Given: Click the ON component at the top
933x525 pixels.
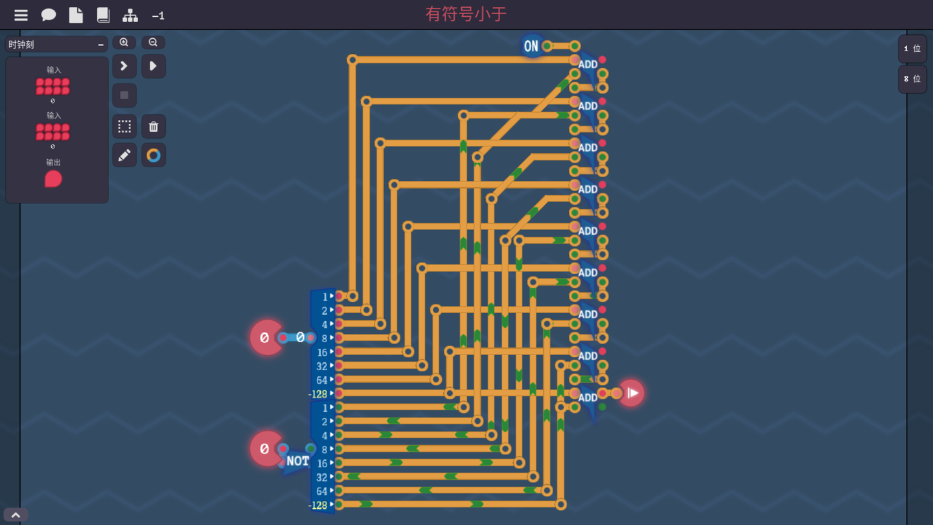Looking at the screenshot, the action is (x=531, y=46).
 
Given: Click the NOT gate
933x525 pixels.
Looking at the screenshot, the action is (x=297, y=461).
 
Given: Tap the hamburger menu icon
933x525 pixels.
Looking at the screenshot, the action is (x=21, y=15).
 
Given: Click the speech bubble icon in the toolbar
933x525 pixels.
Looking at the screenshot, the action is (x=49, y=15).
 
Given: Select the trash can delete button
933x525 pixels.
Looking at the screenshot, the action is (x=154, y=126).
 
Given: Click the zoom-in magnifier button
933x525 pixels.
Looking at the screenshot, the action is (x=124, y=43).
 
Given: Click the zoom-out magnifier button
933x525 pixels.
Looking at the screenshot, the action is (x=154, y=43).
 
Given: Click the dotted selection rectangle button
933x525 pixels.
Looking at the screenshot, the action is (x=124, y=126).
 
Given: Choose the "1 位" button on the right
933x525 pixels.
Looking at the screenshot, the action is (x=912, y=49).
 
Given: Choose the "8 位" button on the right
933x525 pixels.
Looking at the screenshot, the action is (x=912, y=79).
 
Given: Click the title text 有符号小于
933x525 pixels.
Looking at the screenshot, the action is (x=466, y=14).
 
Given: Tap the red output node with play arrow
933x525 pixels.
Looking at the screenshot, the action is (x=631, y=393).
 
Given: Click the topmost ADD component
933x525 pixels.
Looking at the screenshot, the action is (x=588, y=65).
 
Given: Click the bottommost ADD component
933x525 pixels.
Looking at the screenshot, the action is (x=588, y=398).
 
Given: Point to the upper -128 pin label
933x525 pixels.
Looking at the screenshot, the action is (x=318, y=394).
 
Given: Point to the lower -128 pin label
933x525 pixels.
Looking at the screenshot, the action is (x=318, y=505).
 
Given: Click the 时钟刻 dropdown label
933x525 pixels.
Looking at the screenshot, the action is (x=21, y=45).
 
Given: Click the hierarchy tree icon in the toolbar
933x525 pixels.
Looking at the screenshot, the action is (x=130, y=15).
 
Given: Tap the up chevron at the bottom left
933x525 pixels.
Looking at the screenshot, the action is (x=16, y=515).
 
